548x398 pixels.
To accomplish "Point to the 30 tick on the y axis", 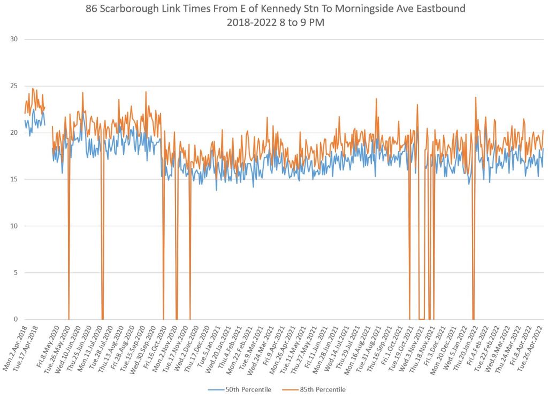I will pos(14,39).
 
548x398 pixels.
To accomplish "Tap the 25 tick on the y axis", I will pos(14,86).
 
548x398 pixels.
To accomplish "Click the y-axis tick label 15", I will pos(14,179).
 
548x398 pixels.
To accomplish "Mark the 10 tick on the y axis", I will pos(14,226).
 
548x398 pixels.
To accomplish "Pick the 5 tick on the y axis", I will pos(16,273).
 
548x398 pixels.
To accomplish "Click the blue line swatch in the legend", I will pos(216,389).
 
